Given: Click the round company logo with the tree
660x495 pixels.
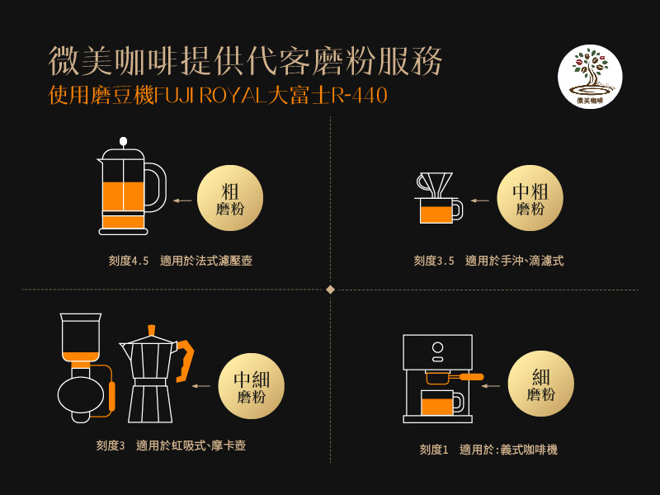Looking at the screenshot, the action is (590, 77).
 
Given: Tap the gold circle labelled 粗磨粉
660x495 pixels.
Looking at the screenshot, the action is (230, 198).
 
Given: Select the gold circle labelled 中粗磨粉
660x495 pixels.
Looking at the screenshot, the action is (530, 198).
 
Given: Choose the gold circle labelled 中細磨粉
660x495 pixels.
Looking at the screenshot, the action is (252, 386).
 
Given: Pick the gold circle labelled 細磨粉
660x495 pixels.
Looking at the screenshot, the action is (541, 384).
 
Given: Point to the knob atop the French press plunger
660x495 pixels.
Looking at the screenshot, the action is (123, 141).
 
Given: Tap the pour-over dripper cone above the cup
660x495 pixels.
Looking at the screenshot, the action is (435, 184).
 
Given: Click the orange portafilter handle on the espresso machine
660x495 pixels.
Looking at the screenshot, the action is (471, 377).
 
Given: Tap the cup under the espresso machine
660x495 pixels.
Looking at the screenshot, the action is (441, 403).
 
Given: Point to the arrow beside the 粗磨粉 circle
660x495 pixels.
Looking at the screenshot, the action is (182, 200).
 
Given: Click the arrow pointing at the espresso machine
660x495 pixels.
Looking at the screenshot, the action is (490, 385).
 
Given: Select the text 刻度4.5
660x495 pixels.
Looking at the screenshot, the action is (129, 261).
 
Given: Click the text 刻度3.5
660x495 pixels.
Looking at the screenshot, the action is (434, 261).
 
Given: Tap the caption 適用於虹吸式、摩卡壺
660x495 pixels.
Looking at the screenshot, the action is (191, 445).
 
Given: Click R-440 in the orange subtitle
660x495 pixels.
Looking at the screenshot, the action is (359, 95).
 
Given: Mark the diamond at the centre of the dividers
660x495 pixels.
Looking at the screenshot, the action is (331, 290).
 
